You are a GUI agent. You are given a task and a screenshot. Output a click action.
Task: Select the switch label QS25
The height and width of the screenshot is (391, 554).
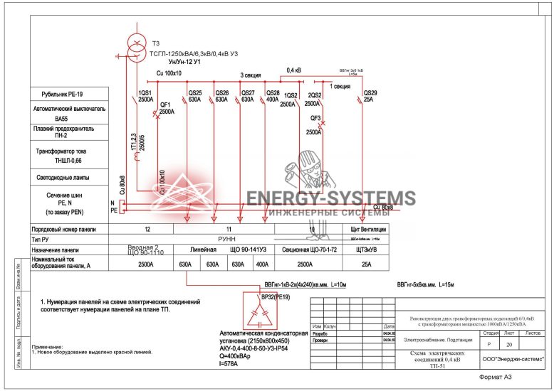(x=194, y=93)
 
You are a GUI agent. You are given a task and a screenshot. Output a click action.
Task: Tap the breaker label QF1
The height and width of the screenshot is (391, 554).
(x=166, y=105)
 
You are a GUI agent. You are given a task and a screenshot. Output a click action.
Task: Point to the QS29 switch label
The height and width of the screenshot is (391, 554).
(x=370, y=93)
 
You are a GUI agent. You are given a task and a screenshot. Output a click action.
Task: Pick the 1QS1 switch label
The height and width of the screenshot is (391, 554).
(x=145, y=93)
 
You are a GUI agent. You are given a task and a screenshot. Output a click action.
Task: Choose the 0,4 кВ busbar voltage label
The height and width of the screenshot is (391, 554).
(x=293, y=70)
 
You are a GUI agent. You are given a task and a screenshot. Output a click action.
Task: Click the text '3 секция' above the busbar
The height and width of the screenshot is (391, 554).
(x=250, y=75)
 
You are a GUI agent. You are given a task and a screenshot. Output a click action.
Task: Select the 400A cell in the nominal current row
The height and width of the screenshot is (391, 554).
(x=262, y=264)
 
